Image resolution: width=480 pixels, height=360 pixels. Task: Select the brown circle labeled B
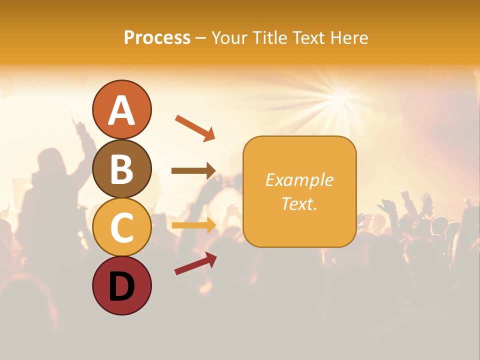(121, 168)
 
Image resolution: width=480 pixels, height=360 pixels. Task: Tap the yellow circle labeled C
(121, 227)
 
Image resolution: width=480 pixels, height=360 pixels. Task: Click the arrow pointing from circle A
(195, 128)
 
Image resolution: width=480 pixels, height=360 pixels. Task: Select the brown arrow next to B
(193, 171)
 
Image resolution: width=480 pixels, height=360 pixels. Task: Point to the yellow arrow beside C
(193, 225)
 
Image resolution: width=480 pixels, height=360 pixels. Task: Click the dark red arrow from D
(195, 263)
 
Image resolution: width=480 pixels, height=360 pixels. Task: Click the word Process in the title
(157, 37)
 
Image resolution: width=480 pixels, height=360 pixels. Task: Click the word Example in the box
(299, 180)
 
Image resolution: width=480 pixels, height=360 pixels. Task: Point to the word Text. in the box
(299, 203)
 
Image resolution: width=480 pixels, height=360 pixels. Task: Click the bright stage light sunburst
(340, 95)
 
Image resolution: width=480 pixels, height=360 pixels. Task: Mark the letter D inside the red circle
(121, 287)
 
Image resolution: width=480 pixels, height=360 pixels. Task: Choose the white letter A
(121, 110)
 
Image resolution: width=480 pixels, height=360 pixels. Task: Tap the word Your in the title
(229, 37)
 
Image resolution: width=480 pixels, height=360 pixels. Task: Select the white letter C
(121, 227)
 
